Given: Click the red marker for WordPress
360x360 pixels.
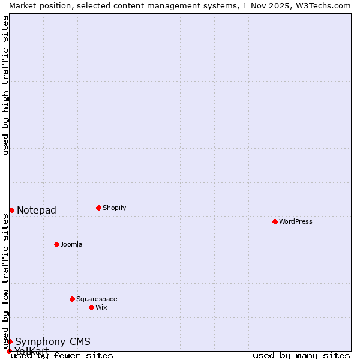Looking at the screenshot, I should pyautogui.click(x=275, y=221).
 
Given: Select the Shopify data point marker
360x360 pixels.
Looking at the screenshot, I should pyautogui.click(x=98, y=208).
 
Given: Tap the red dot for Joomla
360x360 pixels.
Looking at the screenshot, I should pyautogui.click(x=56, y=244).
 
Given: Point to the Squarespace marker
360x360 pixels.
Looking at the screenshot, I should pyautogui.click(x=72, y=299).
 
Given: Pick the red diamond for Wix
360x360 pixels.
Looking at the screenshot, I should pyautogui.click(x=91, y=307).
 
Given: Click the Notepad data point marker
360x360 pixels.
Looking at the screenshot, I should pyautogui.click(x=11, y=210).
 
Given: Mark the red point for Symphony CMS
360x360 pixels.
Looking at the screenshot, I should pyautogui.click(x=10, y=341).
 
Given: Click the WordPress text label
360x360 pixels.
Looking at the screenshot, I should pyautogui.click(x=296, y=221).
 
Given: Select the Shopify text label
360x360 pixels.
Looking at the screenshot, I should pyautogui.click(x=115, y=208).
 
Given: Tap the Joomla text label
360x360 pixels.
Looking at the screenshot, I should pyautogui.click(x=71, y=244).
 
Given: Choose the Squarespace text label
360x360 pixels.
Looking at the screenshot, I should pyautogui.click(x=97, y=299).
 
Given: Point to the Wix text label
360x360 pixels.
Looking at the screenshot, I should pyautogui.click(x=101, y=307).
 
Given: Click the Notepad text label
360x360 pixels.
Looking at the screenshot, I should pyautogui.click(x=37, y=210).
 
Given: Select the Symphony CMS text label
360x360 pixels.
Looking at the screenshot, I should pyautogui.click(x=53, y=342).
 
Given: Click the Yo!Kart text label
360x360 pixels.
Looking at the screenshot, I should pyautogui.click(x=32, y=351).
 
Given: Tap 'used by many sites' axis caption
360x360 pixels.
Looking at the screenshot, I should pyautogui.click(x=301, y=355).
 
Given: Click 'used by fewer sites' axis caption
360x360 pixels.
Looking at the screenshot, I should pyautogui.click(x=62, y=355).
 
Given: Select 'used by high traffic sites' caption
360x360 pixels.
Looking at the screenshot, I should pyautogui.click(x=5, y=85).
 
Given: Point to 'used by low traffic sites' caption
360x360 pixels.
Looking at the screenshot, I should pyautogui.click(x=5, y=281).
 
